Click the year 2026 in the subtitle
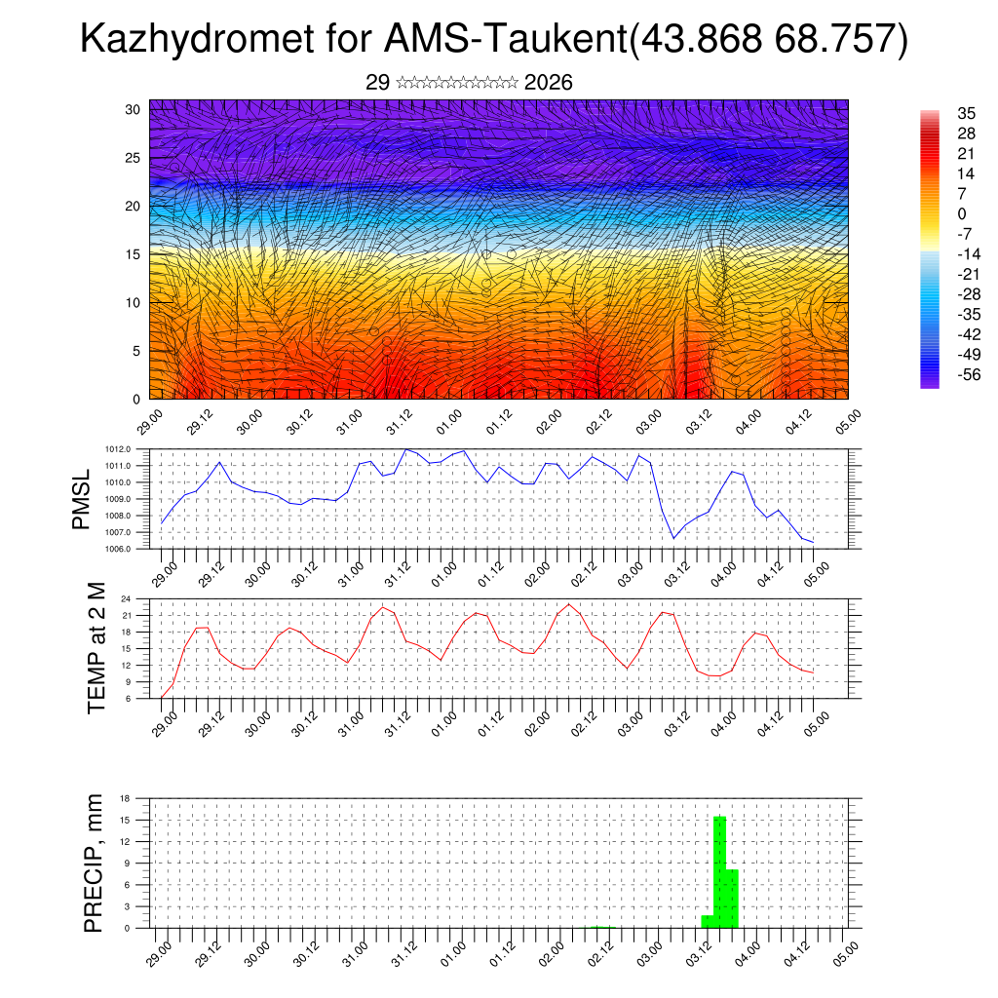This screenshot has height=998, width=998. pyautogui.click(x=549, y=83)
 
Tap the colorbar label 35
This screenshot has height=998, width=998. pyautogui.click(x=940, y=113)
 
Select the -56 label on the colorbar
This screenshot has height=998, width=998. pyautogui.click(x=942, y=374)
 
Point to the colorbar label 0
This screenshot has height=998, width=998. pyautogui.click(x=936, y=213)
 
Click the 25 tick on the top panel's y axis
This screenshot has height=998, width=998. pyautogui.click(x=134, y=158)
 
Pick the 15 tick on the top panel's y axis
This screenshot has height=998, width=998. pyautogui.click(x=134, y=254)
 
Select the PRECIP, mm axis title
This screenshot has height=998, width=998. pyautogui.click(x=94, y=863)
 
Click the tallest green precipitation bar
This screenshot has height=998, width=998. pyautogui.click(x=720, y=871)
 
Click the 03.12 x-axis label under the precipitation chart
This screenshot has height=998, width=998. pyautogui.click(x=697, y=948)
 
